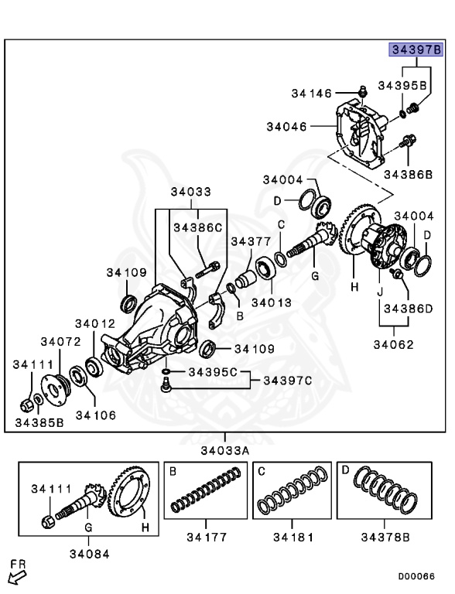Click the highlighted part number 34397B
417,49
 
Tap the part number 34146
311,93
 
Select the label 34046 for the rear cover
286,127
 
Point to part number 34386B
408,175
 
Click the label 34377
251,241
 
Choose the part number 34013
272,302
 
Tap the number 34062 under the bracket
394,345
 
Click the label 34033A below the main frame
225,451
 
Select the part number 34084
90,555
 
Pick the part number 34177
207,538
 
